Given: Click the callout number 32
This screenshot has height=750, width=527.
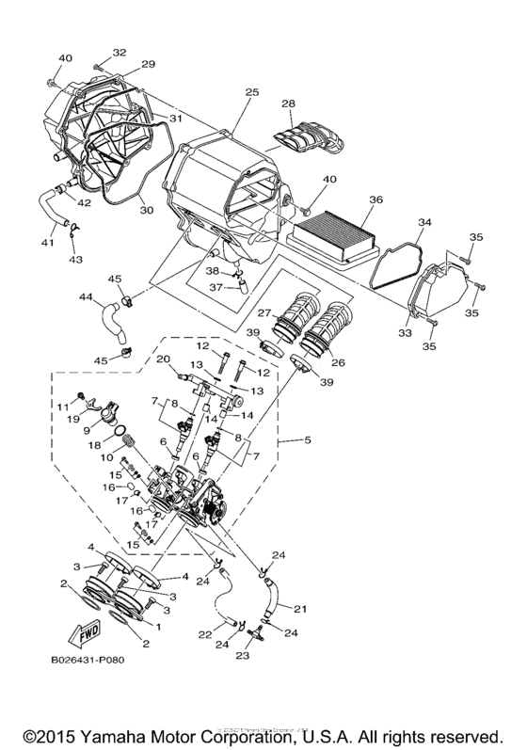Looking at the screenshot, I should point(120,52).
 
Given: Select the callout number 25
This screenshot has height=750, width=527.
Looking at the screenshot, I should point(251,92).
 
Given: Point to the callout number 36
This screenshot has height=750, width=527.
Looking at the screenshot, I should point(375,200).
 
